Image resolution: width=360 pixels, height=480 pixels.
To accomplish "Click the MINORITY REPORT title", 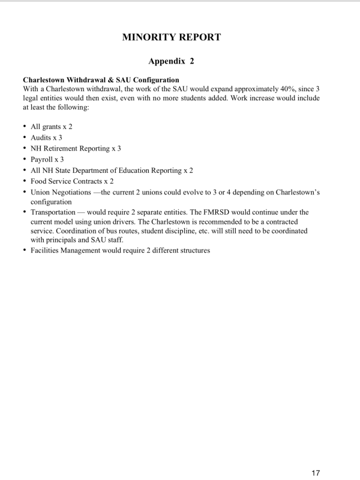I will pyautogui.click(x=172, y=37).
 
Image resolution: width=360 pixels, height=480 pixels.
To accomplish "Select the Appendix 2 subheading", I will pyautogui.click(x=171, y=61).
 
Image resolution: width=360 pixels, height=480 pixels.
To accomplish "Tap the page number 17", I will pyautogui.click(x=316, y=473).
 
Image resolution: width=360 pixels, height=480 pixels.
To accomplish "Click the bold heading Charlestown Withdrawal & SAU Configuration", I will pyautogui.click(x=101, y=79).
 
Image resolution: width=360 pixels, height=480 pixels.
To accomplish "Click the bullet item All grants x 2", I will pyautogui.click(x=52, y=127).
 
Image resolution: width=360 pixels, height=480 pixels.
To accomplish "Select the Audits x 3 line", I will pyautogui.click(x=46, y=137).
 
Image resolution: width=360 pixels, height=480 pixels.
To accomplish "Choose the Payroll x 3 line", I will pyautogui.click(x=47, y=159).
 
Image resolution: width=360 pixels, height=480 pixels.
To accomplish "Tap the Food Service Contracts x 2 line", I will pyautogui.click(x=72, y=181).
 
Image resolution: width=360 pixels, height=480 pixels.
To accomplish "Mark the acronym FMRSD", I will pyautogui.click(x=216, y=212).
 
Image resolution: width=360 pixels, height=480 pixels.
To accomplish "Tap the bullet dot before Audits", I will pyautogui.click(x=24, y=137).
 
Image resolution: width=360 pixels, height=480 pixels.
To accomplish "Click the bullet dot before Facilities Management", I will pyautogui.click(x=24, y=250).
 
